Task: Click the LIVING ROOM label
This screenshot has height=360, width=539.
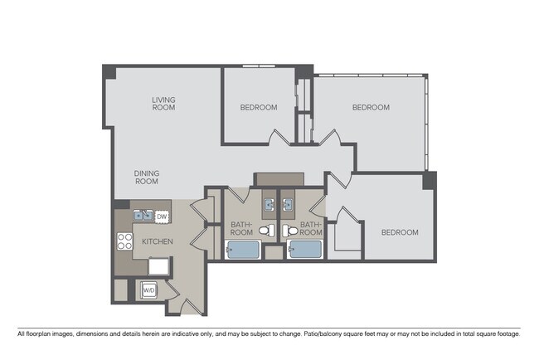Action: pyautogui.click(x=163, y=104)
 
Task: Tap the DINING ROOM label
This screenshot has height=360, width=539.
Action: pyautogui.click(x=147, y=178)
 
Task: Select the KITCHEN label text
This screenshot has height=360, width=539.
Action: pyautogui.click(x=158, y=241)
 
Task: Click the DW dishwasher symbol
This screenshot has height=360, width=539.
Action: pyautogui.click(x=163, y=217)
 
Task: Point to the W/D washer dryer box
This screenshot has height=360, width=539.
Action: pyautogui.click(x=149, y=290)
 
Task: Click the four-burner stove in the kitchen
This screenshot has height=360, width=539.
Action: pyautogui.click(x=125, y=241)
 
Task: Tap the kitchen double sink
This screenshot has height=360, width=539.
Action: pyautogui.click(x=142, y=217)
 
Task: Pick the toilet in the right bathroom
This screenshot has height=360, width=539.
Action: pyautogui.click(x=288, y=231)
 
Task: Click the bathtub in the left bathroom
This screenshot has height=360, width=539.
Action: pyautogui.click(x=244, y=249)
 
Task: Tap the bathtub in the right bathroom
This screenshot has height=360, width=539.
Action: pyautogui.click(x=305, y=249)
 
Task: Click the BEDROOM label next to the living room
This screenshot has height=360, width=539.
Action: pyautogui.click(x=259, y=108)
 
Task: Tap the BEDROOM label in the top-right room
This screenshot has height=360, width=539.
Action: pyautogui.click(x=371, y=108)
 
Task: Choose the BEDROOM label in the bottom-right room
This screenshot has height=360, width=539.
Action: pyautogui.click(x=400, y=232)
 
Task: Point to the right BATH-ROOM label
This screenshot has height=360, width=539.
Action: pyautogui.click(x=311, y=228)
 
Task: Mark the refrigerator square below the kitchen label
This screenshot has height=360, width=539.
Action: pyautogui.click(x=159, y=265)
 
